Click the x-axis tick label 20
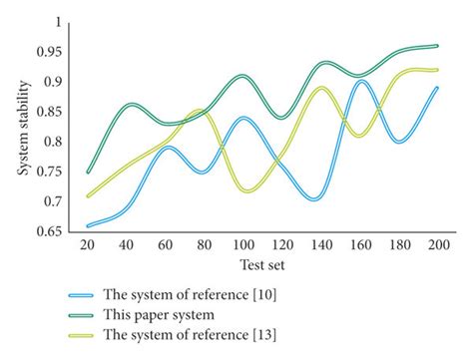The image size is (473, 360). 89,246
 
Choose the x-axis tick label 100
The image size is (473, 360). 243,246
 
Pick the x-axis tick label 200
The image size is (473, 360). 436,246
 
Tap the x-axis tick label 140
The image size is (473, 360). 320,246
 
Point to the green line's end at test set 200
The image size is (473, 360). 437,46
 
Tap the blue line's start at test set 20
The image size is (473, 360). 89,225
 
